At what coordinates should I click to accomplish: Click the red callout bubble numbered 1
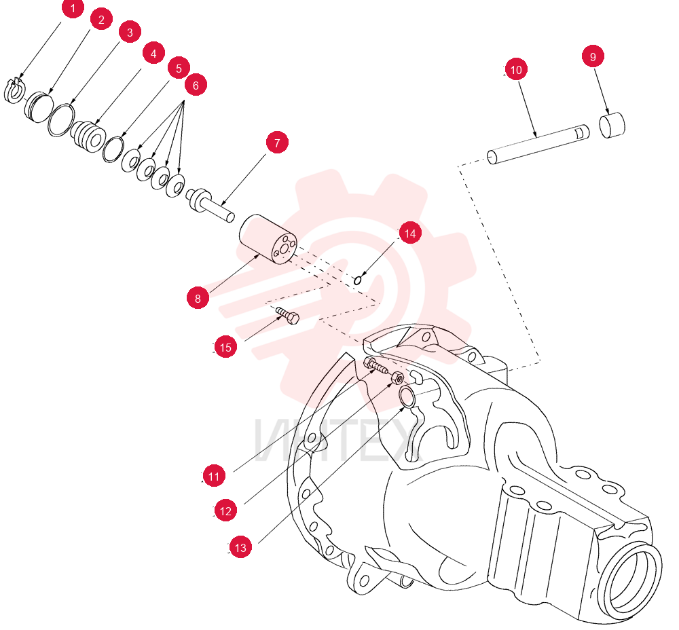[73, 7]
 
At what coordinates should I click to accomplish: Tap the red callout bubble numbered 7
[277, 143]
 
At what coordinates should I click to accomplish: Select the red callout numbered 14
[410, 233]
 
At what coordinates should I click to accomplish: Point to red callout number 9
[593, 56]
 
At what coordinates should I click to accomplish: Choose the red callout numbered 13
[240, 547]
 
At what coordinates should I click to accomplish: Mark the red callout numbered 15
[225, 347]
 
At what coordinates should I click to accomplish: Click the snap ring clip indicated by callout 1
[15, 91]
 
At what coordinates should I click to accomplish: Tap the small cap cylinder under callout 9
[612, 125]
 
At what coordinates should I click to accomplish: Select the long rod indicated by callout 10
[538, 145]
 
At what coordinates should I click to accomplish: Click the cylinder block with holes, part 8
[268, 238]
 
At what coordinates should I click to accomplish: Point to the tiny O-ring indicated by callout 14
[358, 280]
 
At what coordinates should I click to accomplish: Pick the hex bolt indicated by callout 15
[287, 315]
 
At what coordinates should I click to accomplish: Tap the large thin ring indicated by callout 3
[61, 120]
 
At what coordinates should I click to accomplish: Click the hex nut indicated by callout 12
[398, 378]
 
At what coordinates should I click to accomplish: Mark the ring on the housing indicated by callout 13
[407, 398]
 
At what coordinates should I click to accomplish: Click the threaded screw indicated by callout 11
[376, 365]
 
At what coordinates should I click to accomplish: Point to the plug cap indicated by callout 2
[39, 107]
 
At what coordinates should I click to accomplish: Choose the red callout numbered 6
[196, 85]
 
